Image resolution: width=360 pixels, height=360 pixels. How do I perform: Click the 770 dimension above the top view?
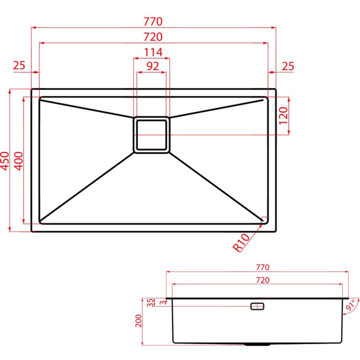[153, 21]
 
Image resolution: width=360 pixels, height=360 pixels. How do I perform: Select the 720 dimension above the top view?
[153, 37]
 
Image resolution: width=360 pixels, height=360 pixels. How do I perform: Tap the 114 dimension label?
[153, 52]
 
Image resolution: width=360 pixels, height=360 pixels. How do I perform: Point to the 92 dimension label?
[153, 66]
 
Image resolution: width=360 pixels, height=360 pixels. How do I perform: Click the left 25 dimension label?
[19, 65]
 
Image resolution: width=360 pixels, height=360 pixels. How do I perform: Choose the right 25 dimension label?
[288, 66]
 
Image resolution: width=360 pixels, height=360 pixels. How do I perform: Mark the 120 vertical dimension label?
[283, 116]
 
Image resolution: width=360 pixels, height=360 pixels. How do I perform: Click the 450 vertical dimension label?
[5, 161]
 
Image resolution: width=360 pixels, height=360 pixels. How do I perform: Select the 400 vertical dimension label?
[19, 161]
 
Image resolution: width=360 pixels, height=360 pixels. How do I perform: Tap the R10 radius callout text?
[241, 243]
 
